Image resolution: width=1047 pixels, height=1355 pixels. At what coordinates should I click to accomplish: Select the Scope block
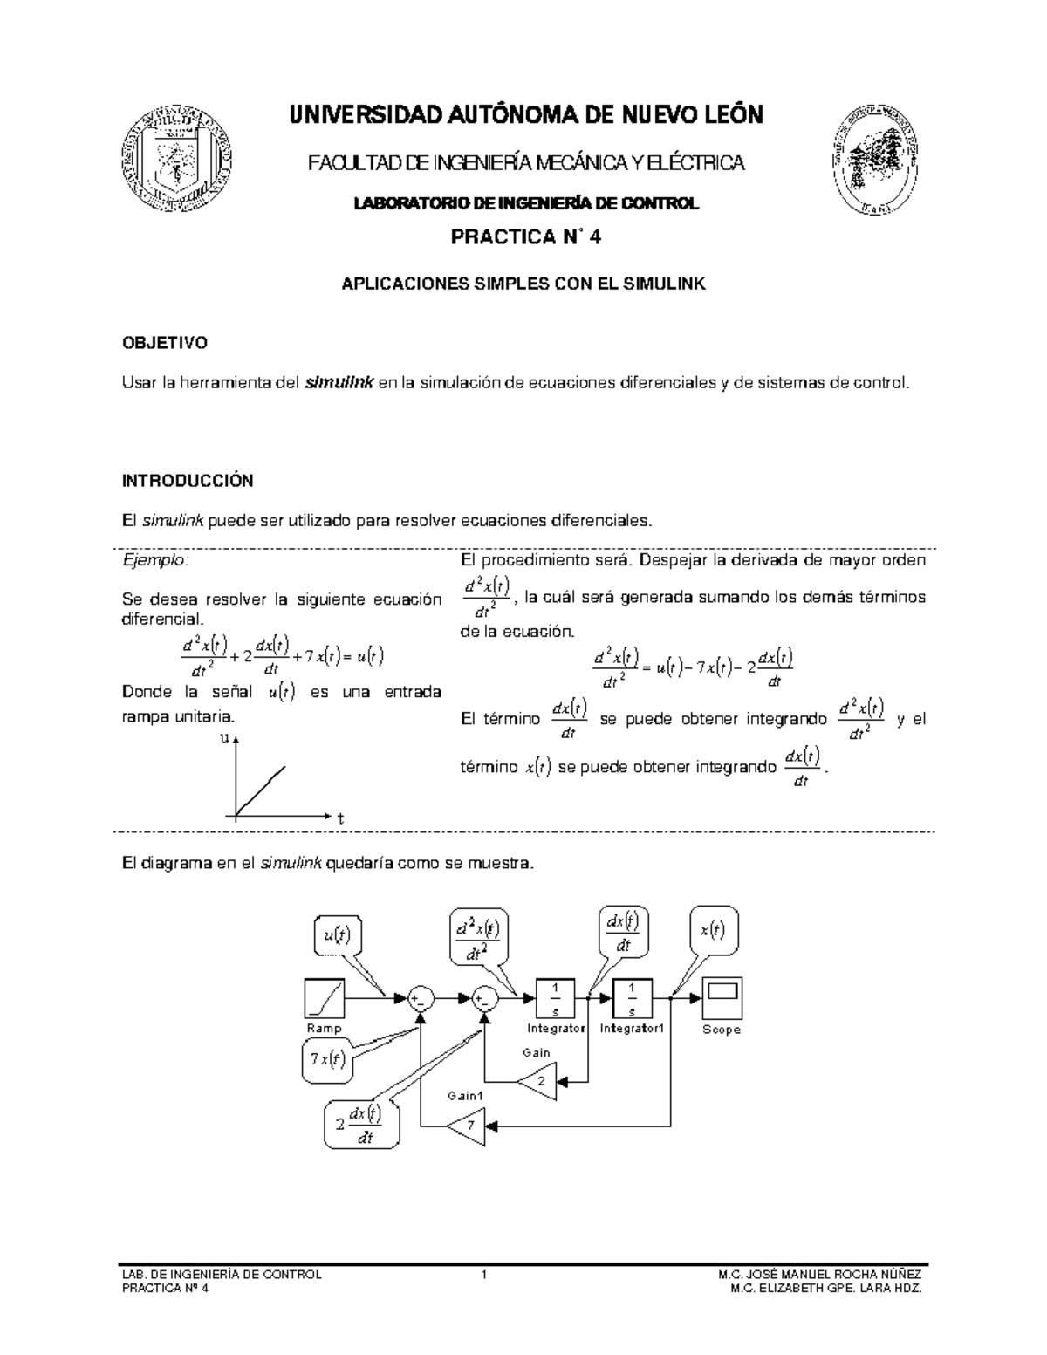tap(722, 998)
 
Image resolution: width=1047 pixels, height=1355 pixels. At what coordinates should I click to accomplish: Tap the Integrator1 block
tap(633, 998)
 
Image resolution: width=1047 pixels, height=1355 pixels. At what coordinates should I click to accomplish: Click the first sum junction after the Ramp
tap(421, 998)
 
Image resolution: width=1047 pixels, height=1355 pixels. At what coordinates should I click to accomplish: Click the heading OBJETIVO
tap(164, 343)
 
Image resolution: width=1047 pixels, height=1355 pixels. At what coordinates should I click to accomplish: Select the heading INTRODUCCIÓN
tap(187, 481)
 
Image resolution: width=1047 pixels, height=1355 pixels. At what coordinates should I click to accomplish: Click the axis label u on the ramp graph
tap(224, 739)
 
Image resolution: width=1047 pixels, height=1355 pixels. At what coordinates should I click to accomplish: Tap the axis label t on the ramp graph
tap(341, 818)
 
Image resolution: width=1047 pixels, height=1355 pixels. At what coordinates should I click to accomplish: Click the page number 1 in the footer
tap(483, 1274)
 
